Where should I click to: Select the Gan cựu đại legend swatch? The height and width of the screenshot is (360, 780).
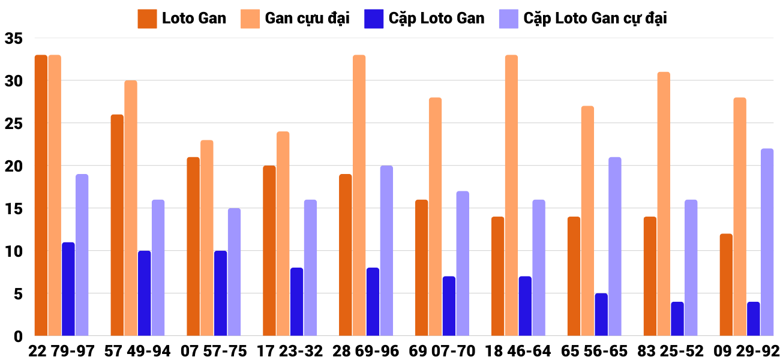point(250,18)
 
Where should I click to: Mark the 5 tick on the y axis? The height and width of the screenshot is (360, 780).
point(17,294)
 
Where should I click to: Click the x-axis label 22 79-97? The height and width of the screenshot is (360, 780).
point(61,351)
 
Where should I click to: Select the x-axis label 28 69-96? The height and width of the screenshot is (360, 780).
point(366,351)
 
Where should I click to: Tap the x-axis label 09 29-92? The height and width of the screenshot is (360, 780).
point(746,351)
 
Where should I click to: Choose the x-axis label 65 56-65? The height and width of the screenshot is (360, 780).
point(594,351)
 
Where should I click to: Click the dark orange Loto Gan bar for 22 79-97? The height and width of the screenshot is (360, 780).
point(41,195)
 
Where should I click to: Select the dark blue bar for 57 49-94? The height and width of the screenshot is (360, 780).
point(144,293)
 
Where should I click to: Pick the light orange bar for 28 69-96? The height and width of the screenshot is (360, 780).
point(359,195)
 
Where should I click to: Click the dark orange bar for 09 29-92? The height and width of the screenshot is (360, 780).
point(726,284)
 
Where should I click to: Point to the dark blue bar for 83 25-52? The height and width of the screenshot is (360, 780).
point(677,319)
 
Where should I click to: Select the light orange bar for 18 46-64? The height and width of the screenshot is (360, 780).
point(511,195)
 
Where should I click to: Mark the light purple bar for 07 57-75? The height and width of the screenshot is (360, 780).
point(234,272)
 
